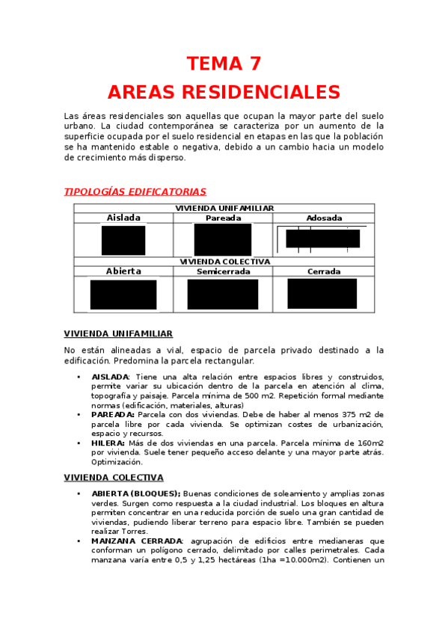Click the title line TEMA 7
click(224, 63)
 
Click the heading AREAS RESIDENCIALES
click(224, 92)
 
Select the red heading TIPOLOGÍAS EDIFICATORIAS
click(135, 192)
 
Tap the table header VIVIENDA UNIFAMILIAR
click(224, 208)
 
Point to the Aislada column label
click(123, 218)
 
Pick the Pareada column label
click(223, 218)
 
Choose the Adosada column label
click(324, 218)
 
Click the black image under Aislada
click(123, 240)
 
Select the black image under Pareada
click(223, 240)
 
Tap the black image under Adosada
click(322, 238)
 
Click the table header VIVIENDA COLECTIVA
click(224, 262)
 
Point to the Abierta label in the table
click(123, 271)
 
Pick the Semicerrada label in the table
click(223, 271)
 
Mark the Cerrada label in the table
click(324, 271)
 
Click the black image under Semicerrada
click(223, 295)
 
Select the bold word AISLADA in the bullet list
click(110, 377)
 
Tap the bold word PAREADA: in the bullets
click(113, 414)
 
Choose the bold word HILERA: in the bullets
click(108, 443)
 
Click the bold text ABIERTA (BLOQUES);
click(136, 493)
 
